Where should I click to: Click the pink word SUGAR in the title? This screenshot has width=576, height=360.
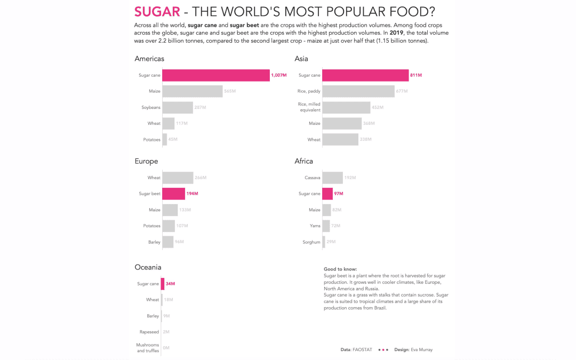pos(157,12)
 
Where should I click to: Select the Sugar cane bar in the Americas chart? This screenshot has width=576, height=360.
pos(215,75)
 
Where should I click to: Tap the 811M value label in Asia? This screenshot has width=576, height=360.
pos(416,75)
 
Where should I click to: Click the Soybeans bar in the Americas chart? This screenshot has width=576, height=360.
pos(177,107)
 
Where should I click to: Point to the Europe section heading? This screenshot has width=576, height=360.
pos(146,161)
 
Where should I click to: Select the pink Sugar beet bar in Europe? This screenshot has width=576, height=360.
pos(173,194)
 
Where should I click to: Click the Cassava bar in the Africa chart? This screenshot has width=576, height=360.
pos(332,178)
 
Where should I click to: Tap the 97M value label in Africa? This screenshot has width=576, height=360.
pos(339,194)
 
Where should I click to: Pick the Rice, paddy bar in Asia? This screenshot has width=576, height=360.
pos(358,91)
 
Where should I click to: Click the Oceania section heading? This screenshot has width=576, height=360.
pos(148,267)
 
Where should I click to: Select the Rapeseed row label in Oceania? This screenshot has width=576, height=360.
pos(149,332)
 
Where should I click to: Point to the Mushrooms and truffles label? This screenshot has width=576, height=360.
pos(147,348)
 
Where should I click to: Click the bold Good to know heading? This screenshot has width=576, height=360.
pos(340,269)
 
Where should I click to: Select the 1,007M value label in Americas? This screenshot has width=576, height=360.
pos(278,75)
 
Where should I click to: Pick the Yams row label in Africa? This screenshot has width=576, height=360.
pos(315,226)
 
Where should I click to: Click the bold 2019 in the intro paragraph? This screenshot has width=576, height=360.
pos(397,33)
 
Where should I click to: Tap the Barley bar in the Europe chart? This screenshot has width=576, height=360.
pos(167,242)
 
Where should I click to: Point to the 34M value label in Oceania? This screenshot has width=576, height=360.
pos(170,284)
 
